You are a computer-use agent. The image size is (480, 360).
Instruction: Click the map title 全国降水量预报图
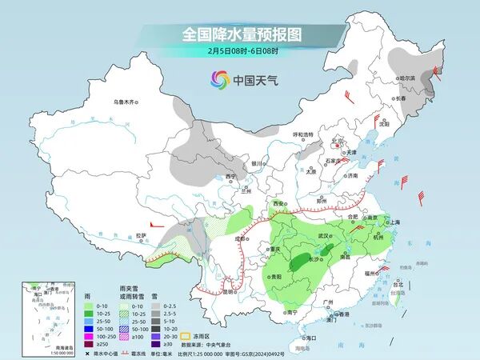240,35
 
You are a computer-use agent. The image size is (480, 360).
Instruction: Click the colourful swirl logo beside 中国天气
219,79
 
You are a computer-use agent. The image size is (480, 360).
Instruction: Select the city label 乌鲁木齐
126,102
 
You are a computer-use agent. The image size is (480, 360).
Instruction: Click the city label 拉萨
142,234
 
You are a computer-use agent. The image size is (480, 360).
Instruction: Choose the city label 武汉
324,236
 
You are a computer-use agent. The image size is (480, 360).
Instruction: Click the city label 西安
279,205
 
